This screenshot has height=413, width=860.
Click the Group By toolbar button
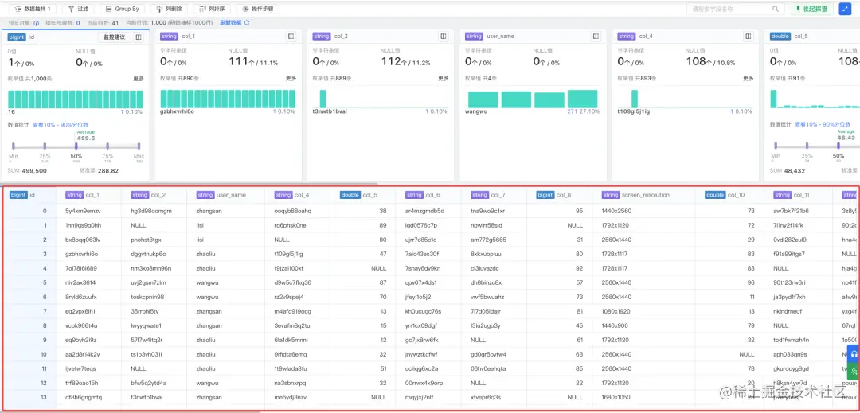[x=121, y=9]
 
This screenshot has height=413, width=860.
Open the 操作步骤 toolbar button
[x=258, y=9]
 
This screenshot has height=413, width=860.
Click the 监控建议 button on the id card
[x=114, y=37]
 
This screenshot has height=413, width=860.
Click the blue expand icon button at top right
[x=845, y=9]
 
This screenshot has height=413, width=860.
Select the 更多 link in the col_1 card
[x=291, y=78]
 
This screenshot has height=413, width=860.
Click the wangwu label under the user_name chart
[x=477, y=111]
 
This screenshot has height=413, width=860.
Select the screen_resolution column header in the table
[x=645, y=195]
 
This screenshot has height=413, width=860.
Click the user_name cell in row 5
[x=209, y=282]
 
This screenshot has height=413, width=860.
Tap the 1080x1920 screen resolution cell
[x=617, y=311]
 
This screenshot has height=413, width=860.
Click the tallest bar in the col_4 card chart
[x=635, y=99]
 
